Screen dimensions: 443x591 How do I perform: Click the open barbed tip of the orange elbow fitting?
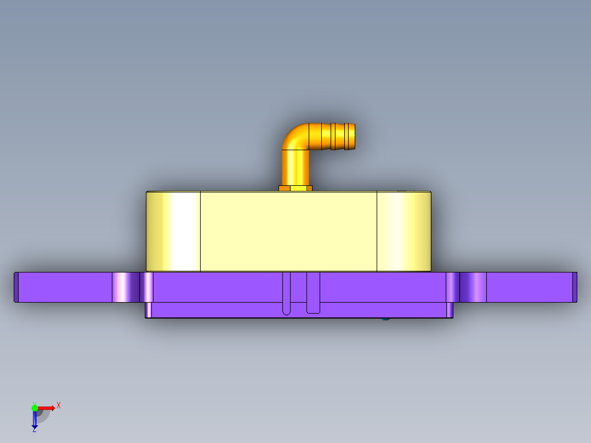(x=351, y=137)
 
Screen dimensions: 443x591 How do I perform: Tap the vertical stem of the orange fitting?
(x=295, y=167)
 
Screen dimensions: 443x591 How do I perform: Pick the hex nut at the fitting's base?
(x=295, y=188)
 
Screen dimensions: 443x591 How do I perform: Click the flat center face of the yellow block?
(x=288, y=231)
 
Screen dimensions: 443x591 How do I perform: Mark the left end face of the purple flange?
(x=16, y=287)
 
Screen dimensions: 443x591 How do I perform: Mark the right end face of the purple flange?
(x=575, y=287)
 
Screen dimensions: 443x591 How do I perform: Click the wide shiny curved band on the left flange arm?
(x=126, y=287)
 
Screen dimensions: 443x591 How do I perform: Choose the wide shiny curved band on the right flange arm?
(x=473, y=287)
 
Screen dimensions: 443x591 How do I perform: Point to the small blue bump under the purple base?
(x=385, y=317)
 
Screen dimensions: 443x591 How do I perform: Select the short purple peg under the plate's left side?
(x=148, y=310)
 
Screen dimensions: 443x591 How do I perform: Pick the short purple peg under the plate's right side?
(x=450, y=310)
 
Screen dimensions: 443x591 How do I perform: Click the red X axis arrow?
(x=46, y=408)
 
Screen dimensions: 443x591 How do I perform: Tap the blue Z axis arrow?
(x=35, y=420)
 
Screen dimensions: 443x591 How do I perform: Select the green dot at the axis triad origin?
(x=35, y=407)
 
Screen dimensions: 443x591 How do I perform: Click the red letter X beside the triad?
(x=58, y=405)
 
